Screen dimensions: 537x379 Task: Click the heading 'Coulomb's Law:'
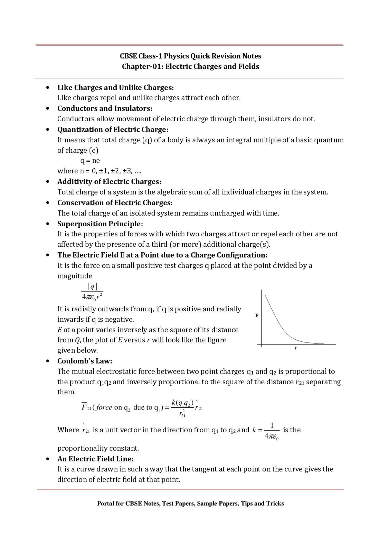[85, 361]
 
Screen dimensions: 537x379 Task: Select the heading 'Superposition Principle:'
[100, 224]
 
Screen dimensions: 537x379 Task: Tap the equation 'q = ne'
[90, 161]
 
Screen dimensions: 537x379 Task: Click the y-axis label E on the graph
[257, 315]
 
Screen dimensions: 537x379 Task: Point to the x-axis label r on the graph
[295, 348]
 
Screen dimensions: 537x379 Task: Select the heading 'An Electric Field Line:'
[95, 459]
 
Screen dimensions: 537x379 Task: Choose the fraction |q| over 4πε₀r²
[92, 291]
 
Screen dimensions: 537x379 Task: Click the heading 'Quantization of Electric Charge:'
[113, 130]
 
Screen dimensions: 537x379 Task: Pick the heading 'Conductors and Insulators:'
[105, 108]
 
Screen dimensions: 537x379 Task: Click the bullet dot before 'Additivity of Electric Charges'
[48, 181]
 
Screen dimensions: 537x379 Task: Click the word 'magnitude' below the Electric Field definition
[75, 276]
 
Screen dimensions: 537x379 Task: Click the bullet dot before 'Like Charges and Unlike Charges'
[48, 87]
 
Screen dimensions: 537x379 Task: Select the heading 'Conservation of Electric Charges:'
[115, 203]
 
